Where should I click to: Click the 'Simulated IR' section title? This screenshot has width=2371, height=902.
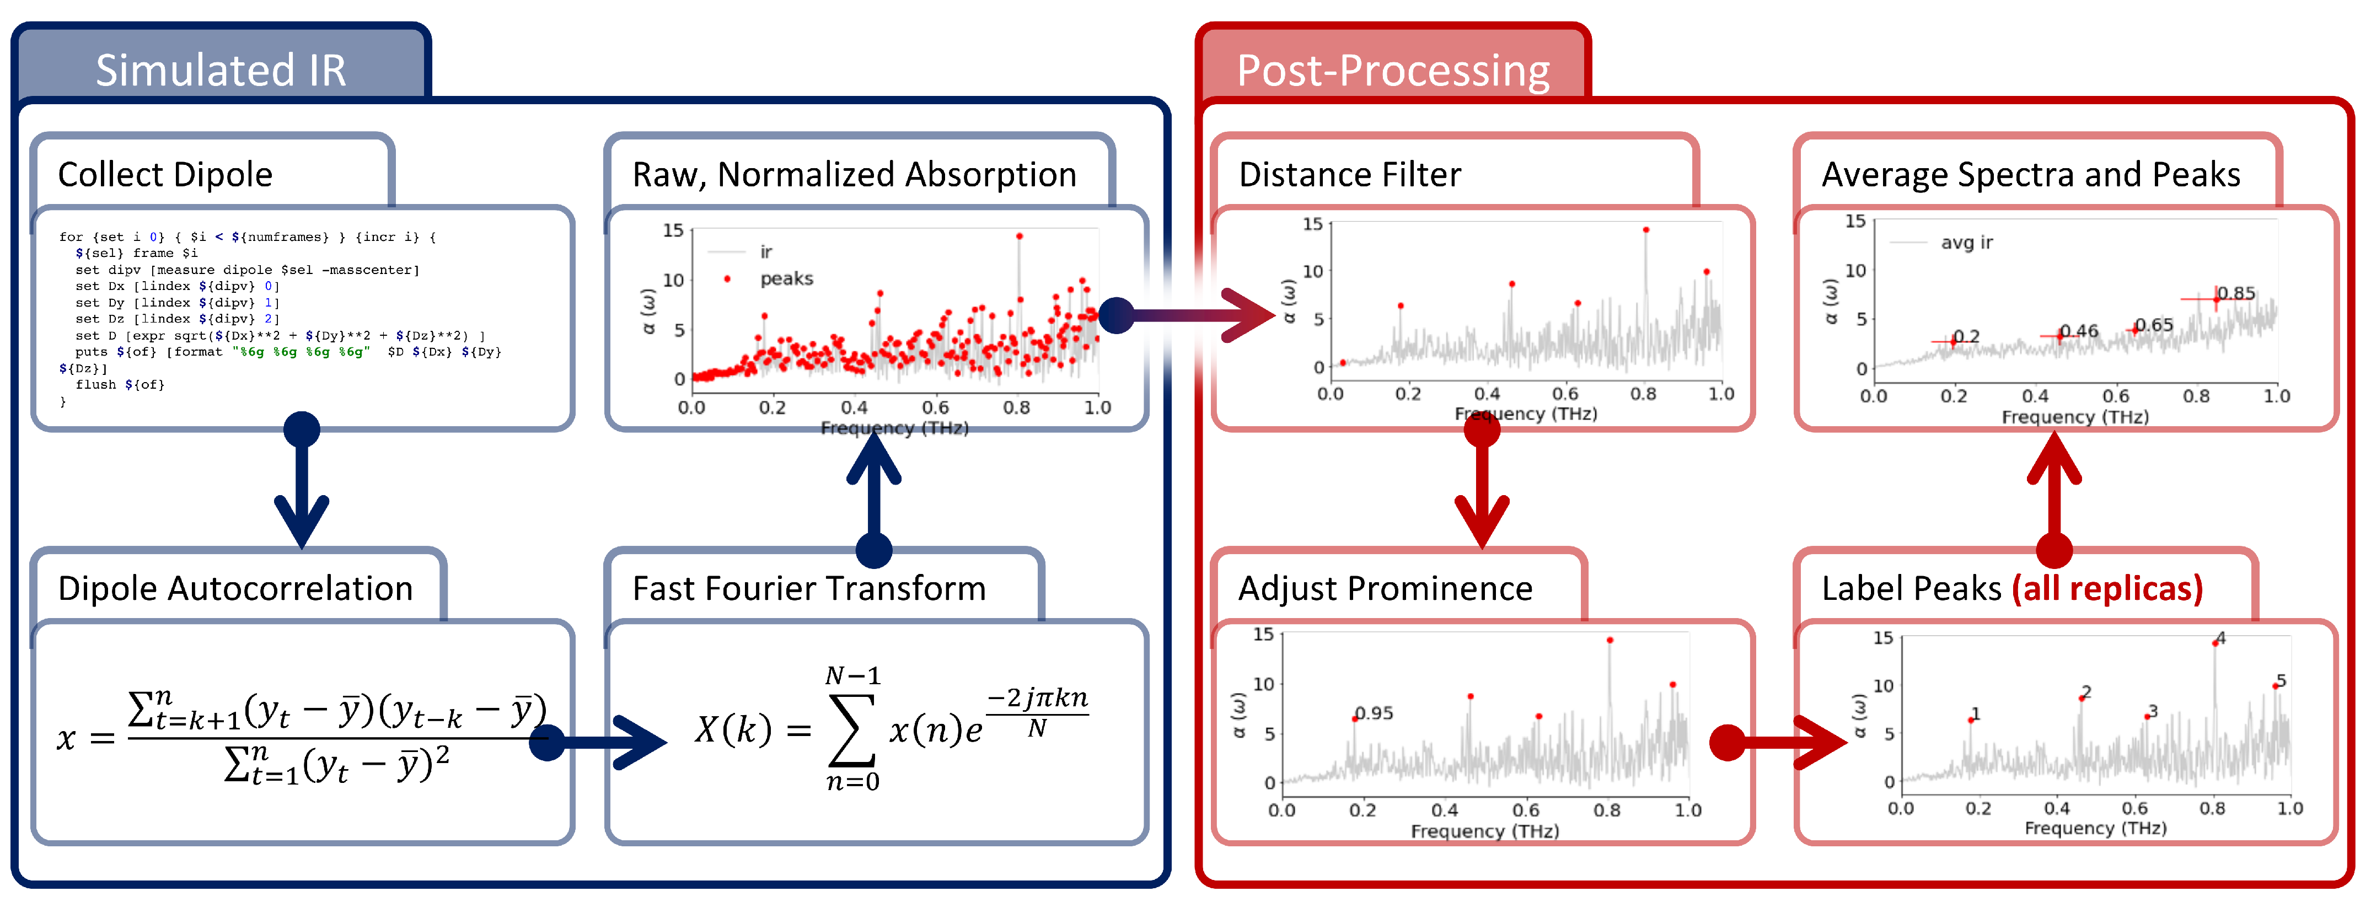[x=221, y=70]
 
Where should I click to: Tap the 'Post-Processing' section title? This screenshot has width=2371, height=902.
[x=1393, y=70]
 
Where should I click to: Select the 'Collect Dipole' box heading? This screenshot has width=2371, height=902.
[x=165, y=174]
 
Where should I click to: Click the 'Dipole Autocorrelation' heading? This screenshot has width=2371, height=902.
[x=235, y=588]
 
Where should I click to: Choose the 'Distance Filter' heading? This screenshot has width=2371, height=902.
[x=1349, y=174]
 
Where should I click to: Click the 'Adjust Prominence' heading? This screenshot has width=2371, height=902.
[x=1385, y=588]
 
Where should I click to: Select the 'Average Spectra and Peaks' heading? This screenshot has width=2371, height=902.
[x=2030, y=174]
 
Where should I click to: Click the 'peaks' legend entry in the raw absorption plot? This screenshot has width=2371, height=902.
[x=785, y=278]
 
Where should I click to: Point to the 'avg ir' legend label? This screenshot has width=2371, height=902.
[x=1966, y=242]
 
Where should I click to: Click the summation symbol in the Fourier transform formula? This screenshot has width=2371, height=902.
[x=851, y=730]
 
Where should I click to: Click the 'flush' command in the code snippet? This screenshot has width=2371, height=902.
[x=92, y=385]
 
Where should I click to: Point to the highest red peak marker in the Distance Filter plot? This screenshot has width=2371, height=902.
[x=1646, y=230]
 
